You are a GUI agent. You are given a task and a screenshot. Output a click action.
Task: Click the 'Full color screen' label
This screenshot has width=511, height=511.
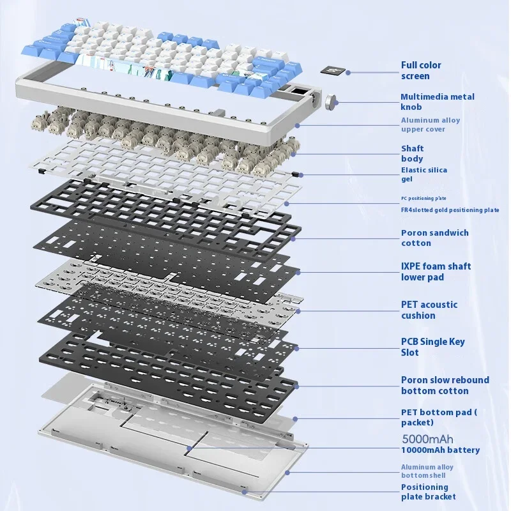tap(421, 70)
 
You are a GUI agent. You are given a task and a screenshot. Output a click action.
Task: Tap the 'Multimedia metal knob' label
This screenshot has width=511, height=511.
tap(438, 102)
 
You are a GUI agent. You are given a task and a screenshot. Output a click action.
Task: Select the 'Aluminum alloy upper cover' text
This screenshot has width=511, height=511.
tap(431, 125)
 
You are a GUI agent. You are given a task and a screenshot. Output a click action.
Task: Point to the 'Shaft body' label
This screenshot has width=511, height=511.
tap(412, 153)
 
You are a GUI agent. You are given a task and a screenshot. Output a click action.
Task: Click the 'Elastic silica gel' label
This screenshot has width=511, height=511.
tap(424, 174)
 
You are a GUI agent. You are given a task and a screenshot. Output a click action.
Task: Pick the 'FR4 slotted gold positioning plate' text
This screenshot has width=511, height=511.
tap(450, 210)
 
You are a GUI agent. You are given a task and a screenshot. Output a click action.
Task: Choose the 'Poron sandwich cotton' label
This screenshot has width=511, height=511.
tap(434, 238)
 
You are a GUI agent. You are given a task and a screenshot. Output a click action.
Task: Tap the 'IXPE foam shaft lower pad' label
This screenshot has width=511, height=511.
tap(436, 271)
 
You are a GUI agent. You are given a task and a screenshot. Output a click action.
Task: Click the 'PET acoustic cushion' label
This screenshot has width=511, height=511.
tap(429, 310)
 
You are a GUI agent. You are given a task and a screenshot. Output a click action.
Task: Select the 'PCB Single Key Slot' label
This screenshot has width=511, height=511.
tap(432, 347)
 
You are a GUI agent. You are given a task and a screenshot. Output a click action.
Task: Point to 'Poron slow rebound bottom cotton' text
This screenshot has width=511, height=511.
tap(445, 385)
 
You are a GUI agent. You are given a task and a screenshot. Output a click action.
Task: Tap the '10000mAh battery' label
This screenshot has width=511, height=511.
tap(440, 450)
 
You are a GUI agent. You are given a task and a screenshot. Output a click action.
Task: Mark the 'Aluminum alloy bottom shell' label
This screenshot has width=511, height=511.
tap(427, 471)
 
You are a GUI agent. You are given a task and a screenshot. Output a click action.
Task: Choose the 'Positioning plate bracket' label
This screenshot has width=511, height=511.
tap(428, 492)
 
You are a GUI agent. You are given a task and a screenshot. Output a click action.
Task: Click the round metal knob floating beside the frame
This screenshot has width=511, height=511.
tap(332, 100)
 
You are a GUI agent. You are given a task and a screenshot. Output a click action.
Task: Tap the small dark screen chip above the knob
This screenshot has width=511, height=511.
tap(332, 70)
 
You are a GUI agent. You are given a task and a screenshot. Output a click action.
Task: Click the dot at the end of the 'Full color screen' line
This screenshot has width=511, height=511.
tap(348, 72)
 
